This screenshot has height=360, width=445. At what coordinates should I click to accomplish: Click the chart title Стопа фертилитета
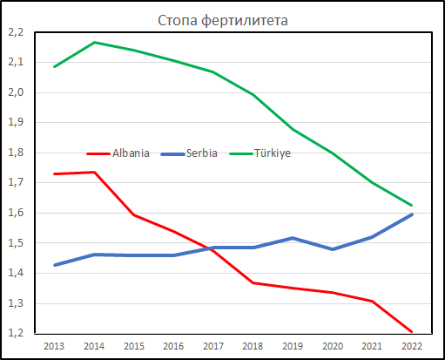(x=223, y=21)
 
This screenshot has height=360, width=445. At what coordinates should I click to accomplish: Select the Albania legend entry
(x=118, y=153)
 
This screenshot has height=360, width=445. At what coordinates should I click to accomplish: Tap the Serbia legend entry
(x=189, y=153)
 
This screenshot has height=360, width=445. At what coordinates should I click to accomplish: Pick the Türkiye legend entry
(x=260, y=153)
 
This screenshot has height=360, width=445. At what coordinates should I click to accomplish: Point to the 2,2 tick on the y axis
(x=16, y=32)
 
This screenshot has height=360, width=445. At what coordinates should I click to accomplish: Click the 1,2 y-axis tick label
(x=16, y=333)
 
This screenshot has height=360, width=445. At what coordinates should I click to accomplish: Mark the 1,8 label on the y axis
(x=16, y=153)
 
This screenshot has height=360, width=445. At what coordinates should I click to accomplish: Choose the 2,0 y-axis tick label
(x=16, y=92)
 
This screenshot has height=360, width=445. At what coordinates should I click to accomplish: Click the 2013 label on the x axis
(x=54, y=346)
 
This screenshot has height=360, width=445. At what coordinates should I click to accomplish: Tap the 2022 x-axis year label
(x=412, y=346)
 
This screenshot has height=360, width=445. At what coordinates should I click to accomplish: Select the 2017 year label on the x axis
(x=213, y=346)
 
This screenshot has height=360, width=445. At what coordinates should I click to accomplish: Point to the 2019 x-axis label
(x=293, y=346)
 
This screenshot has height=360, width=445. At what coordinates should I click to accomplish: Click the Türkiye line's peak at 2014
(x=94, y=43)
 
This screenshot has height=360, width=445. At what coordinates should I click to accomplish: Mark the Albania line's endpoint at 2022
(x=412, y=331)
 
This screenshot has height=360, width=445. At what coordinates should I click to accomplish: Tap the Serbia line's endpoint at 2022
(x=412, y=214)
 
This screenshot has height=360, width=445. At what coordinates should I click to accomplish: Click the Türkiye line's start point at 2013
(x=55, y=67)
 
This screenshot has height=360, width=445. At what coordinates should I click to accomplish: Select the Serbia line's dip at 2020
(x=333, y=249)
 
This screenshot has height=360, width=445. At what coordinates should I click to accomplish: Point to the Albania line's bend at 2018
(x=253, y=282)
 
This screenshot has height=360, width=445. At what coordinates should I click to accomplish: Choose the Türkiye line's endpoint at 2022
(x=412, y=206)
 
